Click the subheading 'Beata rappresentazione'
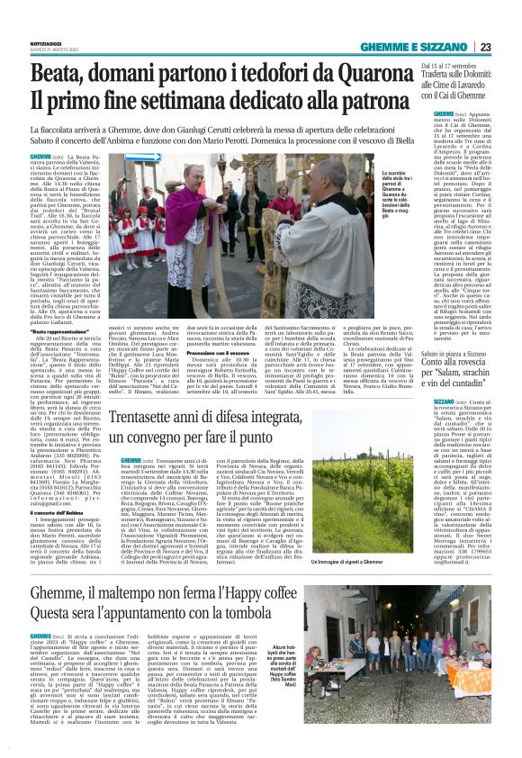tap(72, 333)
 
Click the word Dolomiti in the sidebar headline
tap(477, 76)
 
